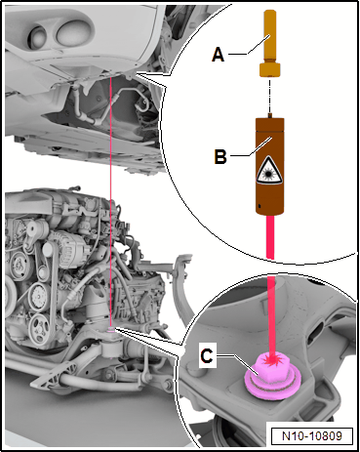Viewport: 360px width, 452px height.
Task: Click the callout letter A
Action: pyautogui.click(x=218, y=54)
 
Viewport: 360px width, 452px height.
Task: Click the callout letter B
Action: pyautogui.click(x=220, y=156)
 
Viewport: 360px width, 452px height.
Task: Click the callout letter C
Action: pyautogui.click(x=207, y=356)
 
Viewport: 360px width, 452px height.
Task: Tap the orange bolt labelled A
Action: pyautogui.click(x=270, y=43)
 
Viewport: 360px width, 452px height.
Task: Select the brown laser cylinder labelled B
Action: pyautogui.click(x=270, y=166)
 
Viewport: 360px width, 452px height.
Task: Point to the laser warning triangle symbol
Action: pyautogui.click(x=268, y=170)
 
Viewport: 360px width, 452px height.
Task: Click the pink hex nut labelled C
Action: pyautogui.click(x=272, y=367)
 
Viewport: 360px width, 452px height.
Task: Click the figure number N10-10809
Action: pyautogui.click(x=312, y=435)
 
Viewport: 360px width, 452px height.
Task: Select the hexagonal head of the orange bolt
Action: pyautogui.click(x=270, y=69)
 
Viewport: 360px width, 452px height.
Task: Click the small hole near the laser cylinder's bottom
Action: pyautogui.click(x=260, y=206)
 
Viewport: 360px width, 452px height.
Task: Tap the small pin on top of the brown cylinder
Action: pyautogui.click(x=269, y=115)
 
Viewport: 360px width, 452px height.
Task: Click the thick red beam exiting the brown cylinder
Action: pyautogui.click(x=270, y=237)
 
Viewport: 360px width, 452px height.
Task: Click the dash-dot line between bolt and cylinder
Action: pyautogui.click(x=269, y=95)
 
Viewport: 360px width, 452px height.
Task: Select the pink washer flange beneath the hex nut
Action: pyautogui.click(x=272, y=386)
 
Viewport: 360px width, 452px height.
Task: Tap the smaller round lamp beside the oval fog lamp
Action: pyautogui.click(x=38, y=36)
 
